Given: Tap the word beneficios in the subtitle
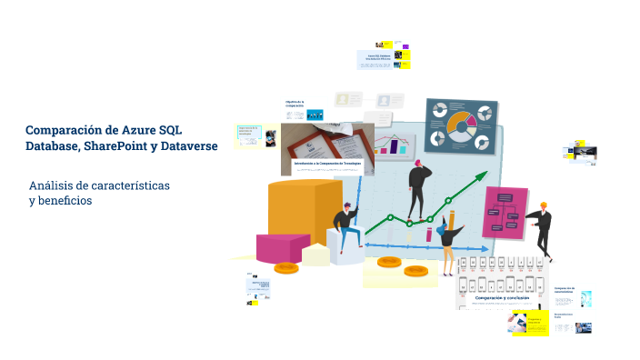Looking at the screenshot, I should (x=65, y=200).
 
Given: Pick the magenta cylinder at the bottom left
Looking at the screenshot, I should (x=283, y=247).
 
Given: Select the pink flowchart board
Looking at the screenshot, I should (x=505, y=212).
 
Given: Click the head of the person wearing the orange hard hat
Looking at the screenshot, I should (x=543, y=207).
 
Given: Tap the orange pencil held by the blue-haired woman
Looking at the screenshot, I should (x=452, y=222).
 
